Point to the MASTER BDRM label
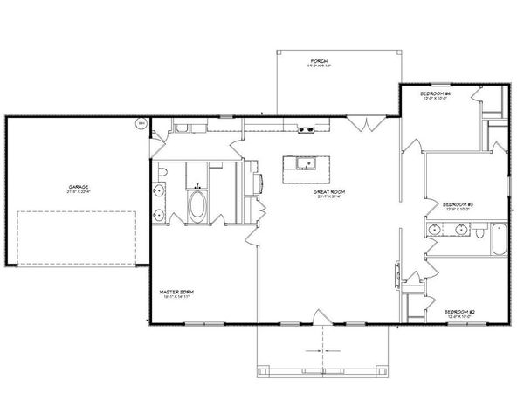click(176, 293)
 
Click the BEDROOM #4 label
click(434, 93)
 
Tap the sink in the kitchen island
click(304, 163)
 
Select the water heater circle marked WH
click(140, 125)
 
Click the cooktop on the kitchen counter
click(307, 130)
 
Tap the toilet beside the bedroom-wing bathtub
click(480, 234)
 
